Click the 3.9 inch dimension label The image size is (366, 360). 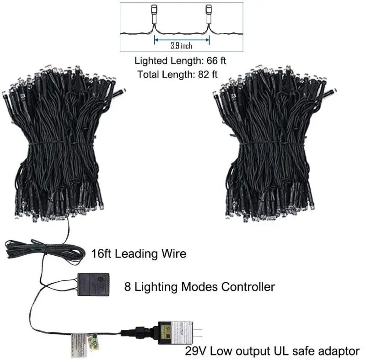[x=182, y=46]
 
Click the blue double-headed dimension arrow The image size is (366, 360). [x=182, y=40]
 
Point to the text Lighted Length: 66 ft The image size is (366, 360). [x=181, y=61]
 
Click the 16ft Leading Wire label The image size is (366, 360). [x=139, y=253]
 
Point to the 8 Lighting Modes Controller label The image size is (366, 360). [x=199, y=287]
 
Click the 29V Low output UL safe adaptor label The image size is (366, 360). [x=272, y=351]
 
